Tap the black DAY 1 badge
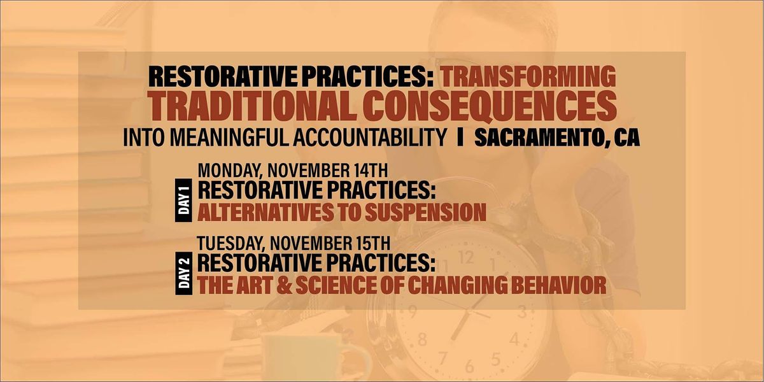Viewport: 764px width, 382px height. pyautogui.click(x=184, y=200)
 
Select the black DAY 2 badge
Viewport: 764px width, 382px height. pyautogui.click(x=184, y=273)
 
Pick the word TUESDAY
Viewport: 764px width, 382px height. pyautogui.click(x=230, y=243)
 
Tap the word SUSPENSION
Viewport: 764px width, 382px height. pyautogui.click(x=425, y=212)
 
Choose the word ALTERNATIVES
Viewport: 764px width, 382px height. pyautogui.click(x=265, y=212)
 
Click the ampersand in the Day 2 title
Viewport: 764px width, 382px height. pyautogui.click(x=284, y=285)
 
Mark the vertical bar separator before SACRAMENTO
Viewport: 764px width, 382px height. pyautogui.click(x=460, y=138)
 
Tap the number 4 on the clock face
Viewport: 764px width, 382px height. pyautogui.click(x=514, y=339)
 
